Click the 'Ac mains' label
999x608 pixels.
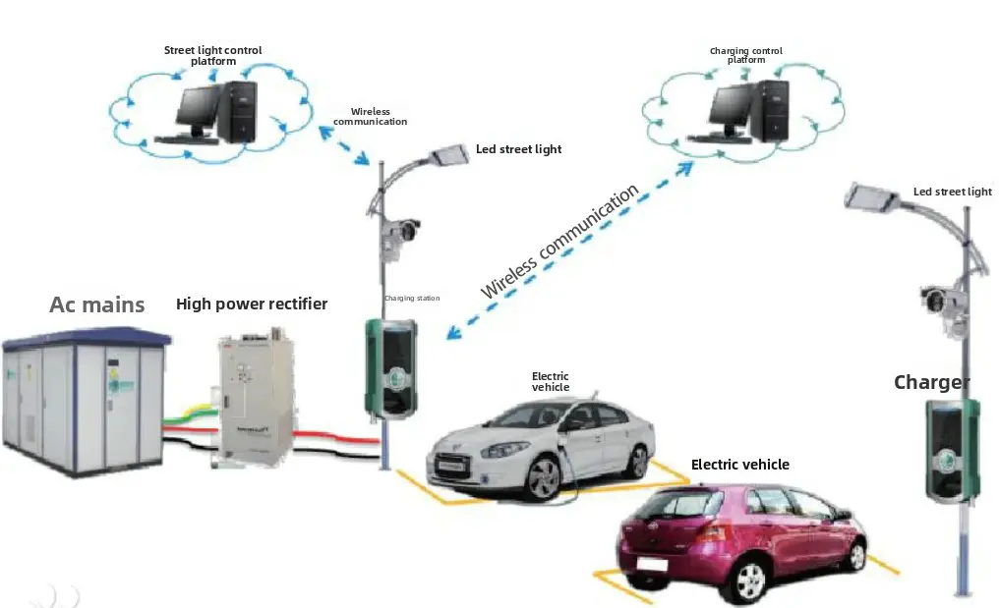coord(97,304)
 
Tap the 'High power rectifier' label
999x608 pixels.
coord(252,304)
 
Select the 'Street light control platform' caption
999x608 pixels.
coord(213,56)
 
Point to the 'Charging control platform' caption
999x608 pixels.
coord(746,56)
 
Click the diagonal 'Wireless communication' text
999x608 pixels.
coord(559,242)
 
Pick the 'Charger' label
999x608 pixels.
coord(931,382)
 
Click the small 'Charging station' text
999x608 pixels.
coord(412,298)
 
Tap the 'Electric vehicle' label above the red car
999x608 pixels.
coord(739,465)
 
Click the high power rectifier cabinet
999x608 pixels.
coord(254,397)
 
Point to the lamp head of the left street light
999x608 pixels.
coord(451,154)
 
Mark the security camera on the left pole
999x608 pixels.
coord(401,234)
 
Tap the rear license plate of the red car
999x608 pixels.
coord(653,565)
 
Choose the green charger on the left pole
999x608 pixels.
coord(390,366)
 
